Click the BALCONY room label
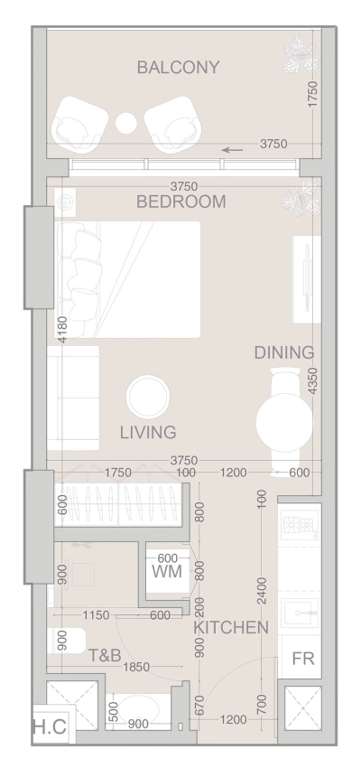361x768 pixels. point(179,68)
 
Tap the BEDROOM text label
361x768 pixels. point(180,201)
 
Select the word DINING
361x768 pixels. point(283,352)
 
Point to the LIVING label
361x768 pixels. point(147,432)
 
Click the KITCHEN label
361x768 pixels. point(231,627)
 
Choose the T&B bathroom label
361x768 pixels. point(105,655)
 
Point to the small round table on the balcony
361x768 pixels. point(126,123)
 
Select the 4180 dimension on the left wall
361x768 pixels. point(62,329)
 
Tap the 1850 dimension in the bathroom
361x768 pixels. point(137,666)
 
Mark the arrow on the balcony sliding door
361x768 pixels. point(233,149)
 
